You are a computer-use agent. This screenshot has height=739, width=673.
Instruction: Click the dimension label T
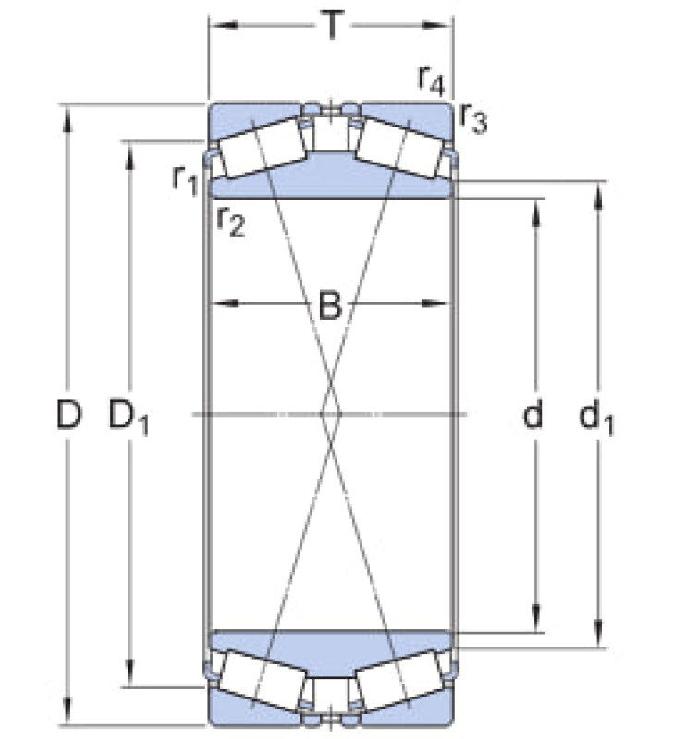click(332, 25)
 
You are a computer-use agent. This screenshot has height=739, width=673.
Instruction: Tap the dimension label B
click(330, 305)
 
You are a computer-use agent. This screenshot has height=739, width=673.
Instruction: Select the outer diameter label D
click(68, 414)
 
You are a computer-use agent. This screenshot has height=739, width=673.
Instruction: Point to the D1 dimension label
click(128, 417)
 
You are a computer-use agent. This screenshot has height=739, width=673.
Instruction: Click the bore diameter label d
click(533, 414)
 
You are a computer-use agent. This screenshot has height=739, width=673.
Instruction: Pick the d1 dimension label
click(596, 417)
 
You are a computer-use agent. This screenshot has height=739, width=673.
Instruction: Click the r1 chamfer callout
click(185, 180)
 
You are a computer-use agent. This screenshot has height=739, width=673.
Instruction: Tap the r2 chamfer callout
click(231, 222)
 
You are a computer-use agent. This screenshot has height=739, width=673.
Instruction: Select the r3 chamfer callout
click(473, 119)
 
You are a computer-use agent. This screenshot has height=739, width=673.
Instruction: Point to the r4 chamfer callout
click(432, 81)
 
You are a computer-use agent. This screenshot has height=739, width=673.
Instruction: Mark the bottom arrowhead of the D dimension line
click(67, 710)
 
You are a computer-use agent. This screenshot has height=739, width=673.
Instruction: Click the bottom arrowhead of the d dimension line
click(536, 618)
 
